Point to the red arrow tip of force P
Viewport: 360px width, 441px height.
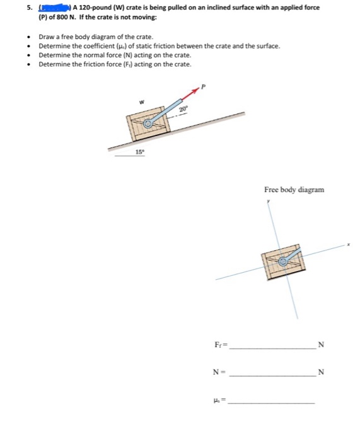(x=197, y=90)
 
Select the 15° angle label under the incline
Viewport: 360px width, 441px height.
(x=139, y=152)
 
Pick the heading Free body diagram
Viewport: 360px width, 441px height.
(x=294, y=189)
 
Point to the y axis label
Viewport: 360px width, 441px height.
(x=268, y=202)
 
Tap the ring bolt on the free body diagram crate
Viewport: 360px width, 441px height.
(x=284, y=260)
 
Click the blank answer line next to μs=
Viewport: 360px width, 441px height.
(x=271, y=402)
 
